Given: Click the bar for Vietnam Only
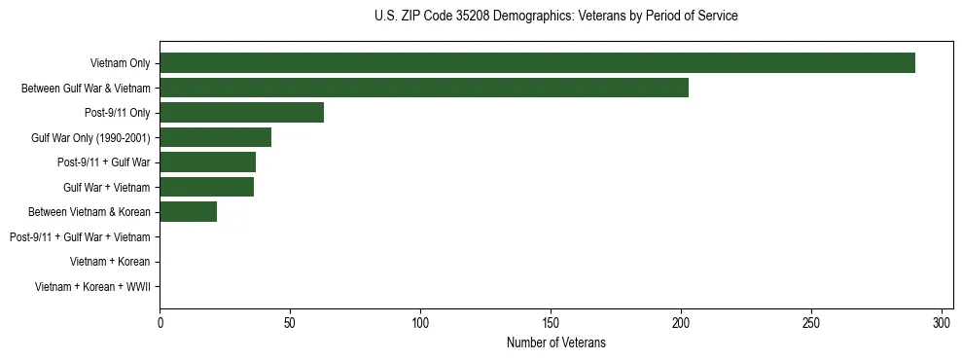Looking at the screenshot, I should coord(537,63).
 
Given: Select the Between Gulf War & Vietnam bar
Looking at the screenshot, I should coord(424,88).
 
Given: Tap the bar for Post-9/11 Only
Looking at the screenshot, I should coord(241,113).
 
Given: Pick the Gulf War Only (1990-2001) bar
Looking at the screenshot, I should coord(215,137).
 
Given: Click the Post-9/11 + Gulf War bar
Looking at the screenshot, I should coord(207,162).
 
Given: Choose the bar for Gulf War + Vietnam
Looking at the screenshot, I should coord(206,187).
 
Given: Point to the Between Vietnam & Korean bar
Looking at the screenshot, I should coord(188,212).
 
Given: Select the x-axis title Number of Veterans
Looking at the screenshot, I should coord(555,342).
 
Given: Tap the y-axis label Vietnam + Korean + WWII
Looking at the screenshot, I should coord(92,287).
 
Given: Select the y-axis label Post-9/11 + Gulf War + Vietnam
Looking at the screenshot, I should coord(80,237).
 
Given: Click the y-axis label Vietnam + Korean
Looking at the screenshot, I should coord(110,262).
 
